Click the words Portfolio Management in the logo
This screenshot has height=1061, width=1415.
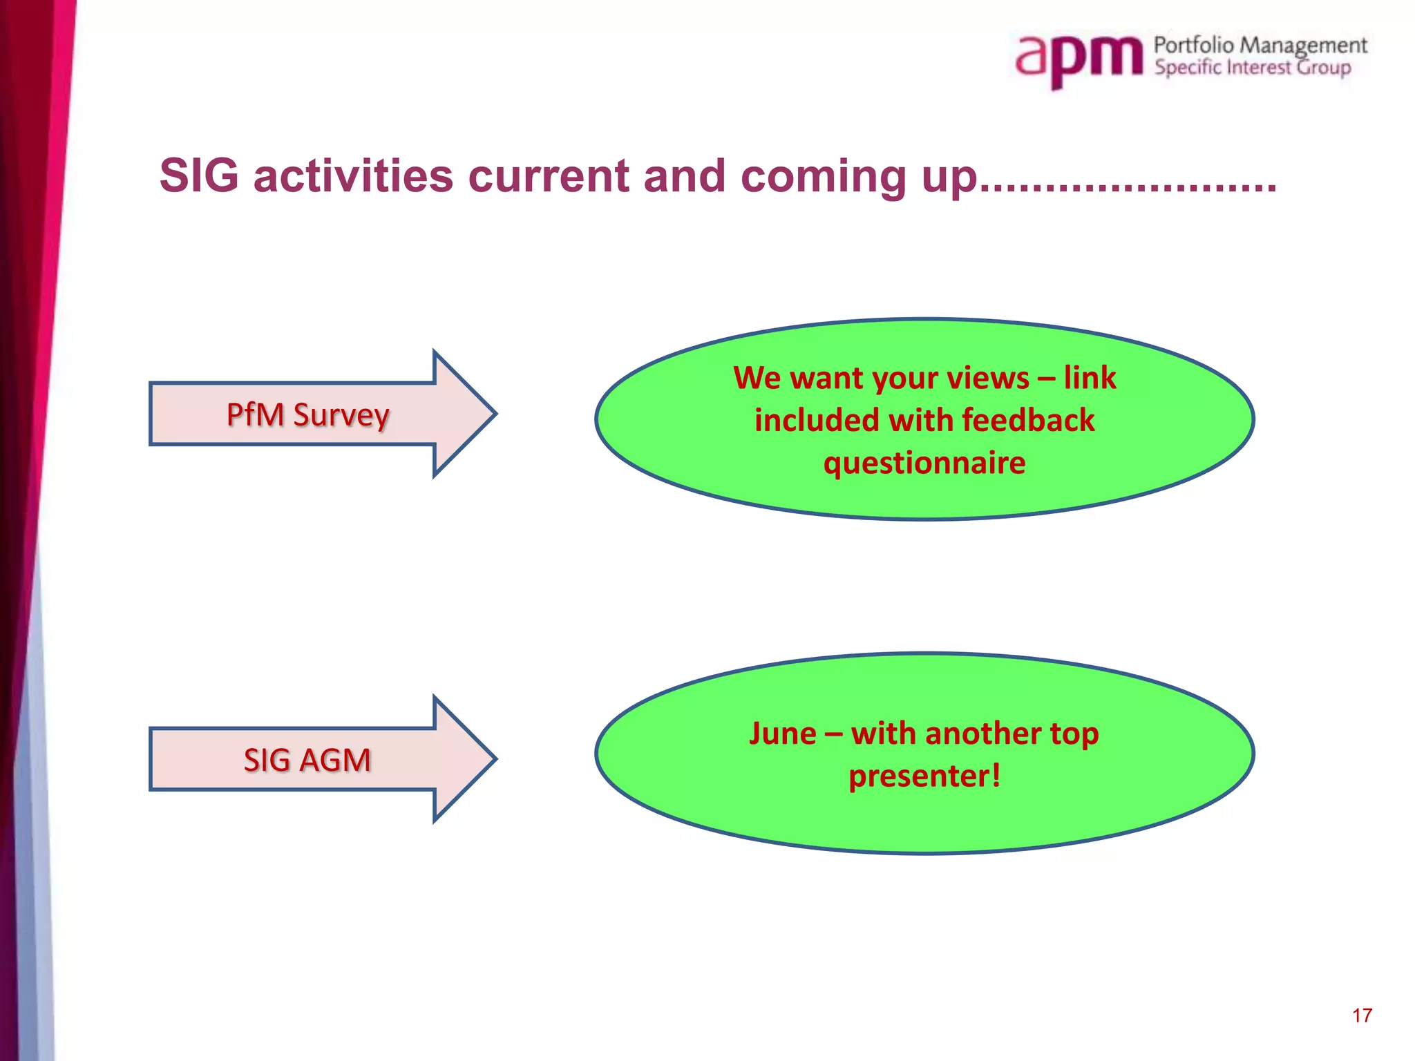click(x=1260, y=46)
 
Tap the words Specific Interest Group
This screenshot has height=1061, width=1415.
click(x=1252, y=68)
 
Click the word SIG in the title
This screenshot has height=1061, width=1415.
click(x=199, y=175)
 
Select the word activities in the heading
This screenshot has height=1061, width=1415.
click(x=353, y=175)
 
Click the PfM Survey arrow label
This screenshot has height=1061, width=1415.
click(x=307, y=415)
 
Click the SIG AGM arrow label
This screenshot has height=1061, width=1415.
click(x=307, y=760)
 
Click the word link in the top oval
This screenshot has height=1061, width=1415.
click(x=1090, y=378)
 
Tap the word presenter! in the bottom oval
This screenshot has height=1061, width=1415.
click(x=924, y=776)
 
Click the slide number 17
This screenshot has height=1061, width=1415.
click(x=1362, y=1015)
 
